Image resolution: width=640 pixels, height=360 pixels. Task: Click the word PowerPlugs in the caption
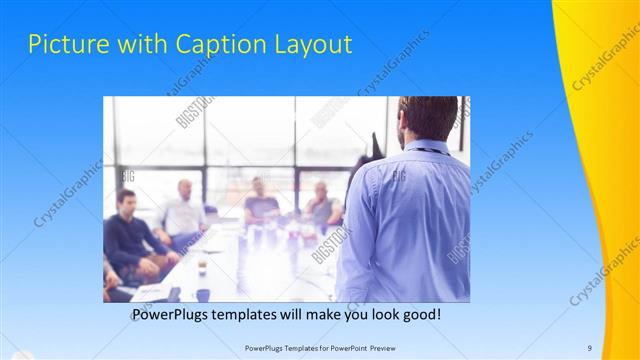[175, 315]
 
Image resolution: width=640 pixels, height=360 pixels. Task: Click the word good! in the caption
[416, 315]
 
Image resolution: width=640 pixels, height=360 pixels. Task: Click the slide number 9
[589, 347]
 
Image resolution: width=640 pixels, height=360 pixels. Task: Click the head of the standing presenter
[427, 118]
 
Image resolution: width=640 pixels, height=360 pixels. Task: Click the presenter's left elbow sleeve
[353, 250]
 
